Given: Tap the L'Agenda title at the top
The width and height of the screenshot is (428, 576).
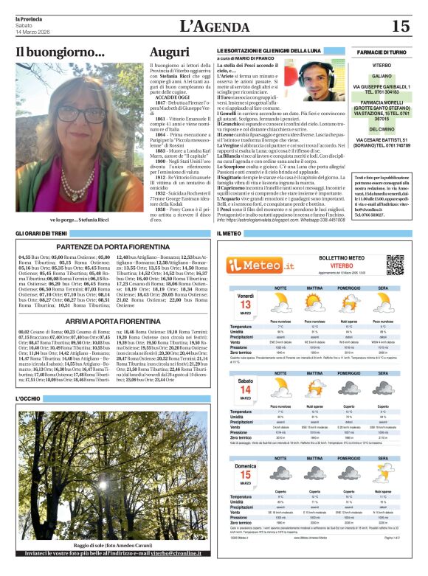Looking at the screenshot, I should (213, 27).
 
